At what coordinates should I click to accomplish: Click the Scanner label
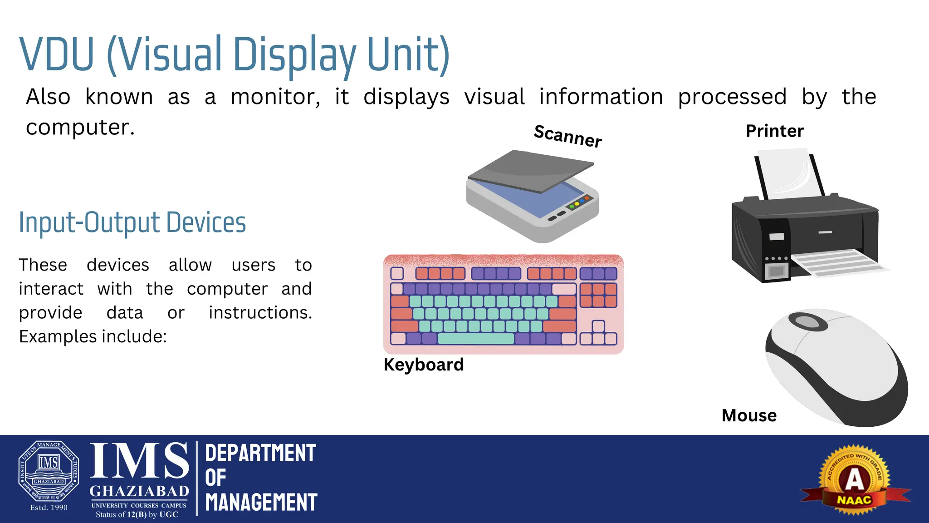pyautogui.click(x=568, y=135)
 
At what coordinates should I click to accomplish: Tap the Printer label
pyautogui.click(x=774, y=131)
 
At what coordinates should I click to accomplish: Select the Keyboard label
pyautogui.click(x=424, y=365)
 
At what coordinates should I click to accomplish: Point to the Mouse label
pyautogui.click(x=749, y=416)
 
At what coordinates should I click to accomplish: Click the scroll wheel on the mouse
pyautogui.click(x=808, y=322)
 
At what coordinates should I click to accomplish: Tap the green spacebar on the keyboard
pyautogui.click(x=476, y=339)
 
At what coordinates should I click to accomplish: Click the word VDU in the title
pyautogui.click(x=57, y=54)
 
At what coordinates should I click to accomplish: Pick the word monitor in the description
pyautogui.click(x=275, y=97)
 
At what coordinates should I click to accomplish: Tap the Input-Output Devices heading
pyautogui.click(x=132, y=223)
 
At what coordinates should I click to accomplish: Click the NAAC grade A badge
pyautogui.click(x=855, y=480)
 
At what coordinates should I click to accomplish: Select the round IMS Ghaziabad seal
pyautogui.click(x=49, y=471)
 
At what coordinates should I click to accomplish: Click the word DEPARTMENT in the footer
pyautogui.click(x=260, y=454)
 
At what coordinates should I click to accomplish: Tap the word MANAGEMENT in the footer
pyautogui.click(x=261, y=503)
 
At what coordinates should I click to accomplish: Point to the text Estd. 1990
pyautogui.click(x=49, y=508)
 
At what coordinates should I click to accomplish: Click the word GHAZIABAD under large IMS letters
pyautogui.click(x=139, y=491)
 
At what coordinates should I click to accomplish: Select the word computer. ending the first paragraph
pyautogui.click(x=80, y=128)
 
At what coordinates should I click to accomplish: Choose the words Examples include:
pyautogui.click(x=93, y=337)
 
